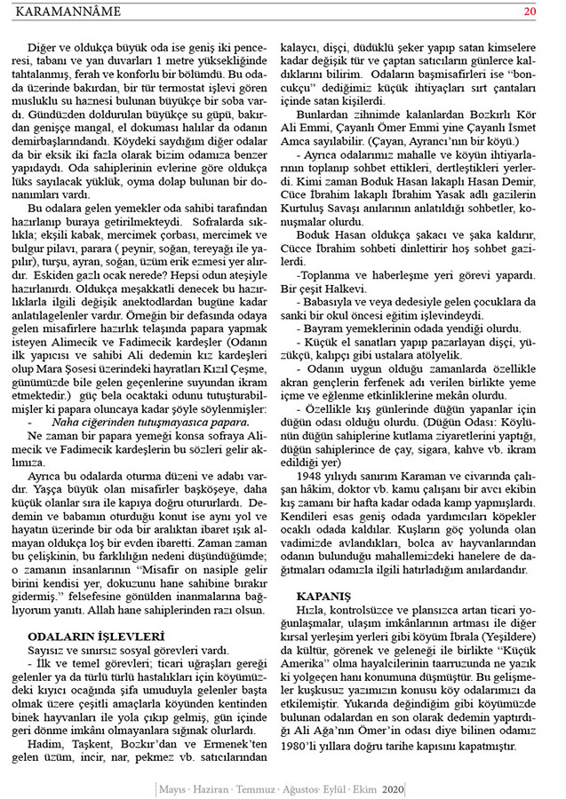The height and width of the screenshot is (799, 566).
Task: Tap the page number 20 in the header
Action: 530,12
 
